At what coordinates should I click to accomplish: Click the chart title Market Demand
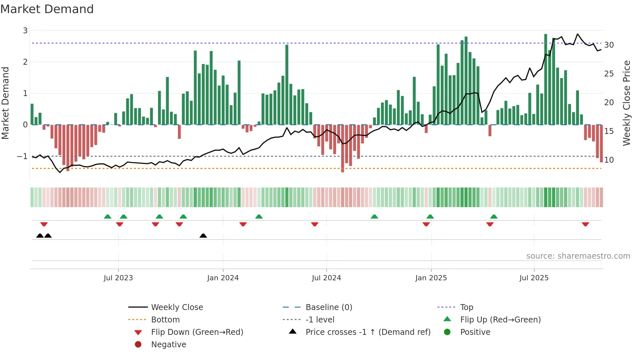47,9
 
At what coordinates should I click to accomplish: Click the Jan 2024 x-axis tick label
223,278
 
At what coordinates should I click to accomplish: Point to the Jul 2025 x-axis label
534,278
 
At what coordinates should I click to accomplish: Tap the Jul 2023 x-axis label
118,278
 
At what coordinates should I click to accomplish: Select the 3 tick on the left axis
25,31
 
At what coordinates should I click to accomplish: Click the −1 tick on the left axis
23,156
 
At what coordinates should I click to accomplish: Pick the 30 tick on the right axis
609,45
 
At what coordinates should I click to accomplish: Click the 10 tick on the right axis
609,160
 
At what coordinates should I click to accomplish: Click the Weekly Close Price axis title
626,103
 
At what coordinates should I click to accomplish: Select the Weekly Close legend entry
177,307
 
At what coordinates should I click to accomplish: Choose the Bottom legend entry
165,320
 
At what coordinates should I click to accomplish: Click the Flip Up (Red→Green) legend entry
500,320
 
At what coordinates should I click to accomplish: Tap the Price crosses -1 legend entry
368,332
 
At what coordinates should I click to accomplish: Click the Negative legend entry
168,345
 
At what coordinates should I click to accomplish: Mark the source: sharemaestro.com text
578,256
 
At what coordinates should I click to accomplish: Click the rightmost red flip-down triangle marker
585,224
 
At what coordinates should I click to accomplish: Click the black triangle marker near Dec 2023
203,236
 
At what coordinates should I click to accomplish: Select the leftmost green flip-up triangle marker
107,216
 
